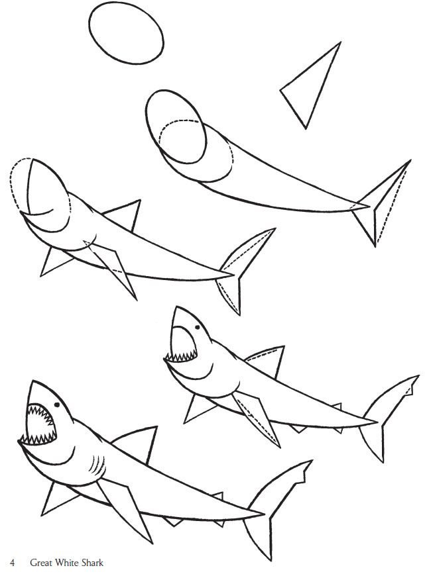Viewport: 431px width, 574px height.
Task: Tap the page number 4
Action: coord(13,563)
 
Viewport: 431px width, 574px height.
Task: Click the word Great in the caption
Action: coord(40,563)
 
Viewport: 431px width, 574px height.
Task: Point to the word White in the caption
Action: coord(66,563)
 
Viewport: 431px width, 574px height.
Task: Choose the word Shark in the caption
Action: coord(92,563)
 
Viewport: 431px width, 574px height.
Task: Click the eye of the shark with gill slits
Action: coord(57,405)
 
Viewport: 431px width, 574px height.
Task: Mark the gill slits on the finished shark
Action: coord(96,464)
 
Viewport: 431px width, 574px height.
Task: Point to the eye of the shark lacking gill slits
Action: coord(198,327)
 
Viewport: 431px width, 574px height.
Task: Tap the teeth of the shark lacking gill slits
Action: coord(182,356)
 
